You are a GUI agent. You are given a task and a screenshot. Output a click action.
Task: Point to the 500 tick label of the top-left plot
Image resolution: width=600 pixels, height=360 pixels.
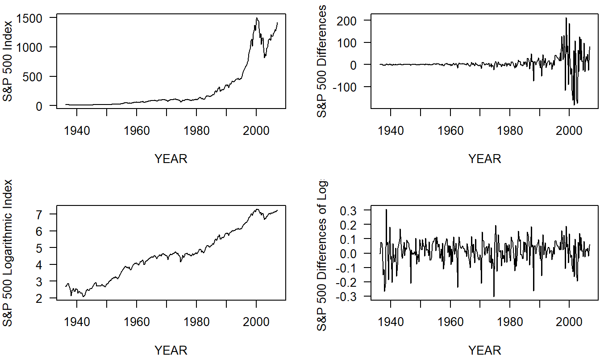pos(34,76)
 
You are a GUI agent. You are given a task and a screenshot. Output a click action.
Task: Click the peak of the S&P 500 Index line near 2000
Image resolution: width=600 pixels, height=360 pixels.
pos(257,18)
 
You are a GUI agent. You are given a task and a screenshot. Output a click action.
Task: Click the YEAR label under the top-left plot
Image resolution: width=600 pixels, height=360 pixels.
pos(171,159)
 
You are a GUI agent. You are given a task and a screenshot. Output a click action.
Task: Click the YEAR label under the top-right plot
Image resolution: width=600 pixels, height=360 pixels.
pos(485,159)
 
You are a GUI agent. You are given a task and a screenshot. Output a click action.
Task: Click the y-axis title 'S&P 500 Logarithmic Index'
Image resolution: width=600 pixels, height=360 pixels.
pos(8,252)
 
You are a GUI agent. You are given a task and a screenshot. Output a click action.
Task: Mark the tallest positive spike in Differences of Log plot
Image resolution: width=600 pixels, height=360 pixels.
pos(386,209)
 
